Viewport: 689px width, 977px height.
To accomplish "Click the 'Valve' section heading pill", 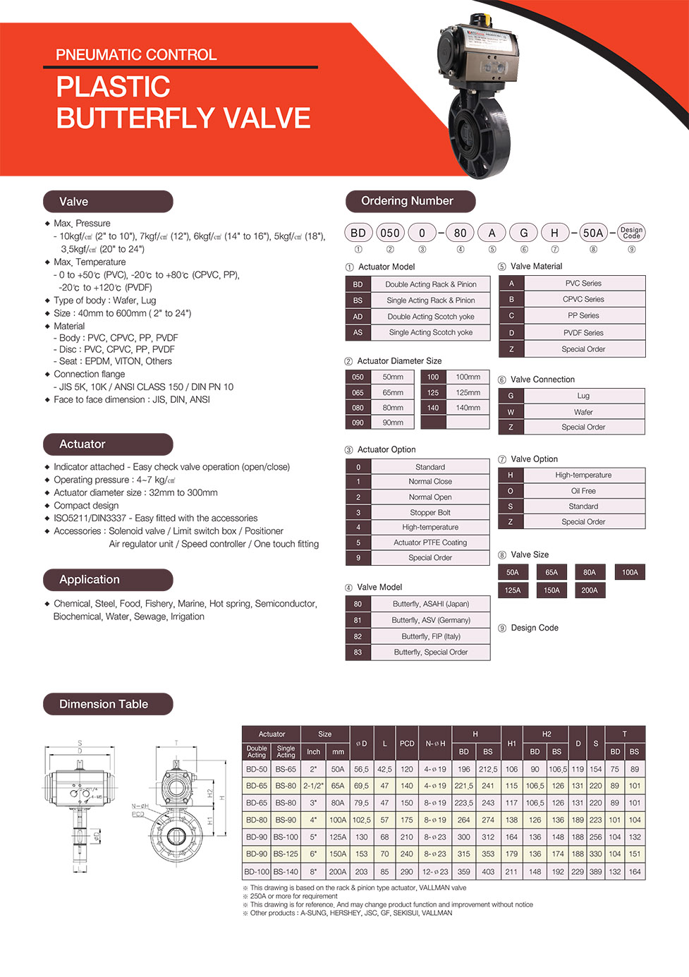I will point(107,202).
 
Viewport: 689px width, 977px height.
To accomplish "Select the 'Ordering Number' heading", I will point(410,201).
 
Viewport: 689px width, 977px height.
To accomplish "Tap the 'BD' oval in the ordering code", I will point(358,233).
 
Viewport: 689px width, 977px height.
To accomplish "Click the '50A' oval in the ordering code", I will point(593,233).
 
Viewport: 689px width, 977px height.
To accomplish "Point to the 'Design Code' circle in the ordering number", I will point(631,233).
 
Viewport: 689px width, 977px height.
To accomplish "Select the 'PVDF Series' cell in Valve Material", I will point(583,332).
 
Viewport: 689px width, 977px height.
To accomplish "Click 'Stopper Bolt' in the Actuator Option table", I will point(430,512).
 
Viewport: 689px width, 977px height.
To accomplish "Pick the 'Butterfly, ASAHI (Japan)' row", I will point(430,604).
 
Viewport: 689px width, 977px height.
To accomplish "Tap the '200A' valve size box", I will point(590,590).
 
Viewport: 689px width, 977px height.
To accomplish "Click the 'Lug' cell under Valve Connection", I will point(583,396).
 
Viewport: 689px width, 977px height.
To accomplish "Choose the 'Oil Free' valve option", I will point(583,491).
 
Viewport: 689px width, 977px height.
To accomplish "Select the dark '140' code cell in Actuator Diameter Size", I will point(433,408).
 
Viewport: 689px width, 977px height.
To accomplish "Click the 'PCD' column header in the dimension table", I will point(407,743).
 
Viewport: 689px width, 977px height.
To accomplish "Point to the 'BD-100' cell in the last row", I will point(257,871).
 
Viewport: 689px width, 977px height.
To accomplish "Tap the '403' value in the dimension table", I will point(488,871).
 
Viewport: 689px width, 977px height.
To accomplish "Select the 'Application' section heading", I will point(107,580).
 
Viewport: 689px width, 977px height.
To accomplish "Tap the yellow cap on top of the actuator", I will point(481,18).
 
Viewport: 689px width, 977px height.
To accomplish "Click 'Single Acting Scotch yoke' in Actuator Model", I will point(430,332).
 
